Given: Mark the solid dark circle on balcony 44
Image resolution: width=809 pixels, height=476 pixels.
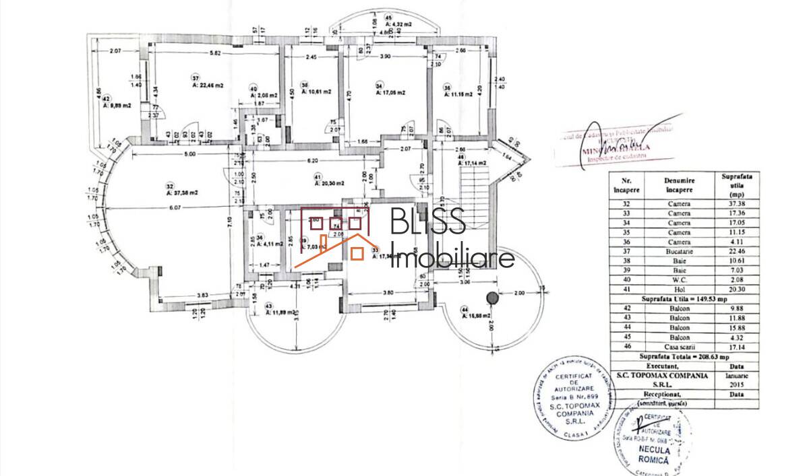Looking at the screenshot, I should [492, 297].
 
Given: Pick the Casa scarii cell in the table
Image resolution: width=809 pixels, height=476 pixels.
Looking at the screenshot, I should [679, 347].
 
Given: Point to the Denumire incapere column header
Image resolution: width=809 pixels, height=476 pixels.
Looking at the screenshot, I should [679, 185].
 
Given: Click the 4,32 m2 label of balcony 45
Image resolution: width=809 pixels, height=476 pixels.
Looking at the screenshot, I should [398, 25].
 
